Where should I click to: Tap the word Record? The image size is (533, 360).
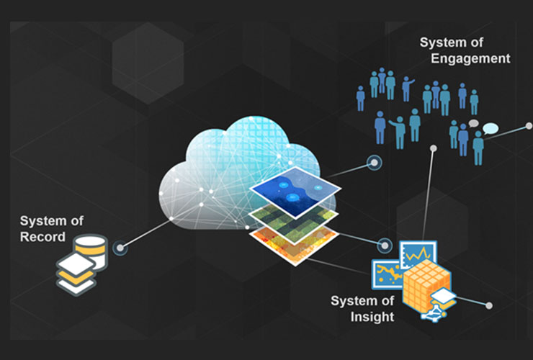(x=42, y=237)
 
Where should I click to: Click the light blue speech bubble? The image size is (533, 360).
(x=491, y=129)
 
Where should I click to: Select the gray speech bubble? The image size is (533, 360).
(x=473, y=124)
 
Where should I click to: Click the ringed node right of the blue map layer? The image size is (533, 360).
(x=373, y=162)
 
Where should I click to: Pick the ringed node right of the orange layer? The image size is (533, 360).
(x=385, y=244)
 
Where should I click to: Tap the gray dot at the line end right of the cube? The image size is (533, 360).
(x=489, y=305)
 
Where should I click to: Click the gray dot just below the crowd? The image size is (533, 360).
(x=434, y=148)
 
